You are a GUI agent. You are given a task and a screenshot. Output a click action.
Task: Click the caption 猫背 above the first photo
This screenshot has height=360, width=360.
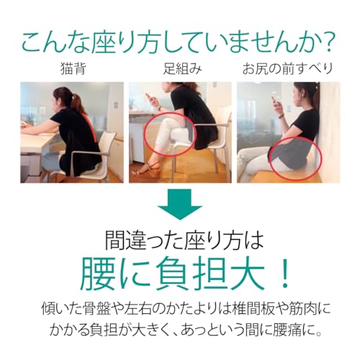73,68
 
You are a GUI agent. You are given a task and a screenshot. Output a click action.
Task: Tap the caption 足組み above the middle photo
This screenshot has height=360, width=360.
182,68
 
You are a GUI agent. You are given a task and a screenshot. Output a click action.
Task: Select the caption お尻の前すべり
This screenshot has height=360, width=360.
287,68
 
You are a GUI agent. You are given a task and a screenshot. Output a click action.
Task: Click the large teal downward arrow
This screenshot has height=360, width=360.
180,204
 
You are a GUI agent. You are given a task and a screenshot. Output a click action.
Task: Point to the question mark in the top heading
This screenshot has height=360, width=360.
327,42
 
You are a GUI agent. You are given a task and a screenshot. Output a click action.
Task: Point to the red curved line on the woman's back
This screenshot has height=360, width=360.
93,127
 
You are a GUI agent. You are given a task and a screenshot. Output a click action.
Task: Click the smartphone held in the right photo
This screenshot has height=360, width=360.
274,101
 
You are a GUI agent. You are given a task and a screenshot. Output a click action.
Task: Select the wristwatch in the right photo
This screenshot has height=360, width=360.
282,116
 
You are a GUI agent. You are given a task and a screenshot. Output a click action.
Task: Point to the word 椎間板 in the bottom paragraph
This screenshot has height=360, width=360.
253,309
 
